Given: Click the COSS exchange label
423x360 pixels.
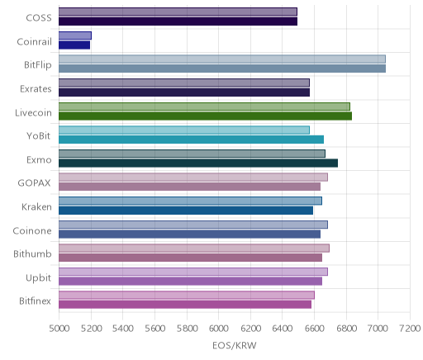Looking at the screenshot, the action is [39, 18].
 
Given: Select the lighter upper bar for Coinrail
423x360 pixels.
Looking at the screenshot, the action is [75, 36].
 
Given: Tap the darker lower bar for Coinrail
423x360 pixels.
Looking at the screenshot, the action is [74, 45].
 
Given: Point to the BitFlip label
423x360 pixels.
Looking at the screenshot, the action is [38, 65].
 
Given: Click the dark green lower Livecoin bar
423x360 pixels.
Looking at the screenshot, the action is [205, 116].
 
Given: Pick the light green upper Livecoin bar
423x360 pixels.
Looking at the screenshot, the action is [204, 107].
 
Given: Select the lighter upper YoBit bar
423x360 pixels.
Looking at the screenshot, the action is [184, 130].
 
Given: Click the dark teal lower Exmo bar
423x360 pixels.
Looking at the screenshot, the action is [198, 163].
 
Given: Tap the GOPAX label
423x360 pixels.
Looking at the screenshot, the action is [34, 183].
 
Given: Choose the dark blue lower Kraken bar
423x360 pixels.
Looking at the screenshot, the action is [186, 211].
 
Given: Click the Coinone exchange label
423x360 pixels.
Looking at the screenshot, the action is [32, 230].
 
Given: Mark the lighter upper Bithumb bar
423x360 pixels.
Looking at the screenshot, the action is [194, 249].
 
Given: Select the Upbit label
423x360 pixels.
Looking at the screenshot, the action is [38, 278].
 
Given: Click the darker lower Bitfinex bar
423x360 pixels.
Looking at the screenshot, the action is [185, 305].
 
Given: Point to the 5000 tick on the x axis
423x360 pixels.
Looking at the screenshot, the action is [59, 329].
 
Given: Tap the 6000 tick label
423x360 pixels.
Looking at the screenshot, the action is [218, 329].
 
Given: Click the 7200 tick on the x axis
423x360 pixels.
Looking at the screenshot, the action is [410, 329].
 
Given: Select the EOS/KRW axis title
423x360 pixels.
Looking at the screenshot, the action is [235, 345].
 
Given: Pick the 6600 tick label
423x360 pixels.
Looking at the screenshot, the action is [314, 329].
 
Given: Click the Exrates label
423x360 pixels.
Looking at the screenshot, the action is [36, 89].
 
